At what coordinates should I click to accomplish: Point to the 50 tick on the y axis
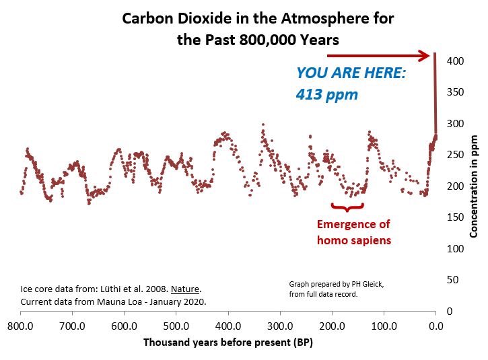(455, 280)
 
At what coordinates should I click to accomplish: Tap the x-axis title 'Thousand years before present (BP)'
(228, 343)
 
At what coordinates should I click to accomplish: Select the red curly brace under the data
(348, 206)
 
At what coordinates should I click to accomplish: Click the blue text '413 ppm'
(326, 95)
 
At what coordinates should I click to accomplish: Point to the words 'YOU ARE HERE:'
(351, 73)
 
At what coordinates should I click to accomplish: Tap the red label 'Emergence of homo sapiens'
(354, 231)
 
